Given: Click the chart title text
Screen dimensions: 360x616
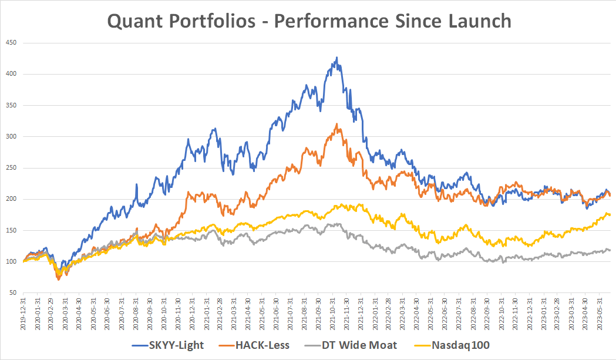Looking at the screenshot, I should pyautogui.click(x=309, y=21).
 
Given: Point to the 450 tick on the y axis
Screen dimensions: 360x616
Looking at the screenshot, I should pyautogui.click(x=11, y=43).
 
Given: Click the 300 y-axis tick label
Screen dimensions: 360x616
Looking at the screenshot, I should pyautogui.click(x=11, y=137).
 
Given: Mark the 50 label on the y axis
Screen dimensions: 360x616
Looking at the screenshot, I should pyautogui.click(x=13, y=292).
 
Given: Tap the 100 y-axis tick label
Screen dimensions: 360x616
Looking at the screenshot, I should pyautogui.click(x=11, y=261).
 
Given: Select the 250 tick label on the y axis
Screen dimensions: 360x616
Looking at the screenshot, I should pyautogui.click(x=11, y=168).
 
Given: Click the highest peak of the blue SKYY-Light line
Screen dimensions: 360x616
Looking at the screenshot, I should pyautogui.click(x=336, y=58).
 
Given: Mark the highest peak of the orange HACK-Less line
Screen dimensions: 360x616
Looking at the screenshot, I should pyautogui.click(x=336, y=124).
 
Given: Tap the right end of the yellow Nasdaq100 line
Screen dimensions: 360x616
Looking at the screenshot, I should pyautogui.click(x=610, y=215).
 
